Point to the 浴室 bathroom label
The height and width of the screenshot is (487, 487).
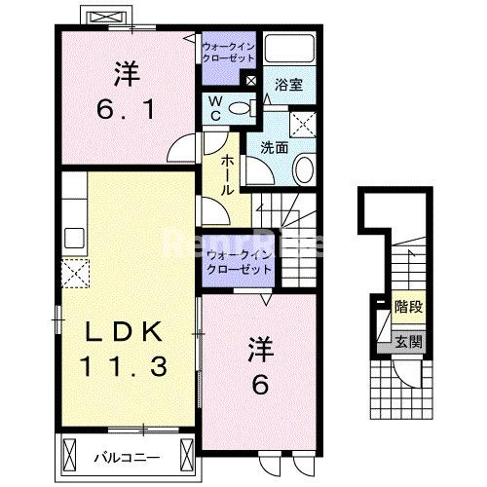tap(289, 85)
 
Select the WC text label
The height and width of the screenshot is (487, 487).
tap(215, 108)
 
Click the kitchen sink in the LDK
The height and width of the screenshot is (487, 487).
tap(73, 237)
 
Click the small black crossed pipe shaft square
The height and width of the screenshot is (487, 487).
tap(252, 81)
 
